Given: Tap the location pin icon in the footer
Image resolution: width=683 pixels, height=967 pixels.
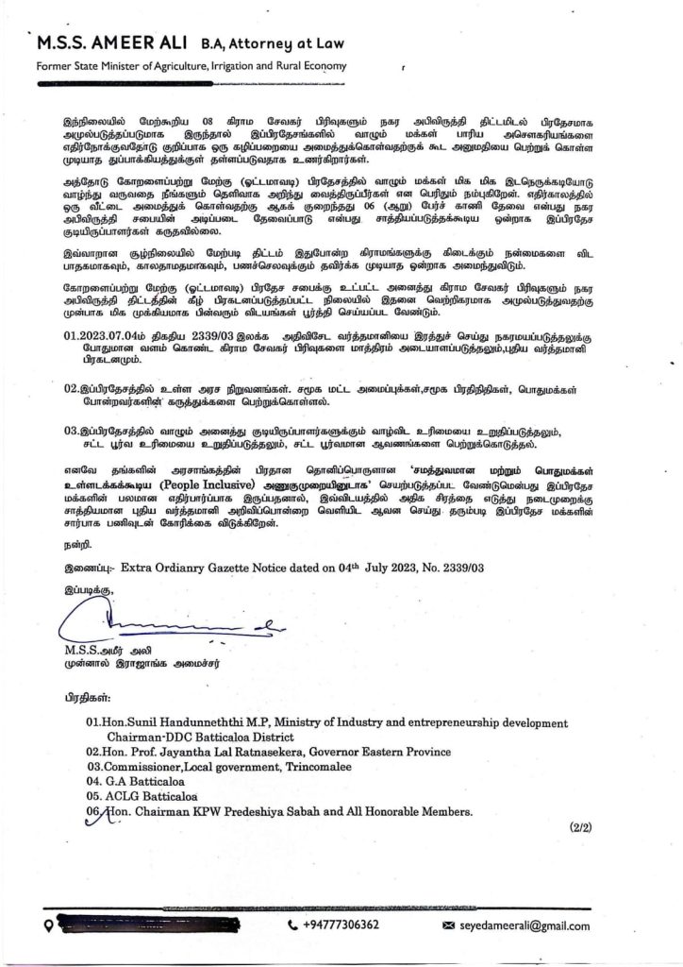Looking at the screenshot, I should [45, 925].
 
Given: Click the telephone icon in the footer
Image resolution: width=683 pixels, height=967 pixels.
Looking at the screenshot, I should [292, 925].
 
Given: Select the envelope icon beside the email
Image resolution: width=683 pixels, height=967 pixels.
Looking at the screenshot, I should [448, 925].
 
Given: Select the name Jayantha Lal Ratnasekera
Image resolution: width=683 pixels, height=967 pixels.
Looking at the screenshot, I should [243, 752].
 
